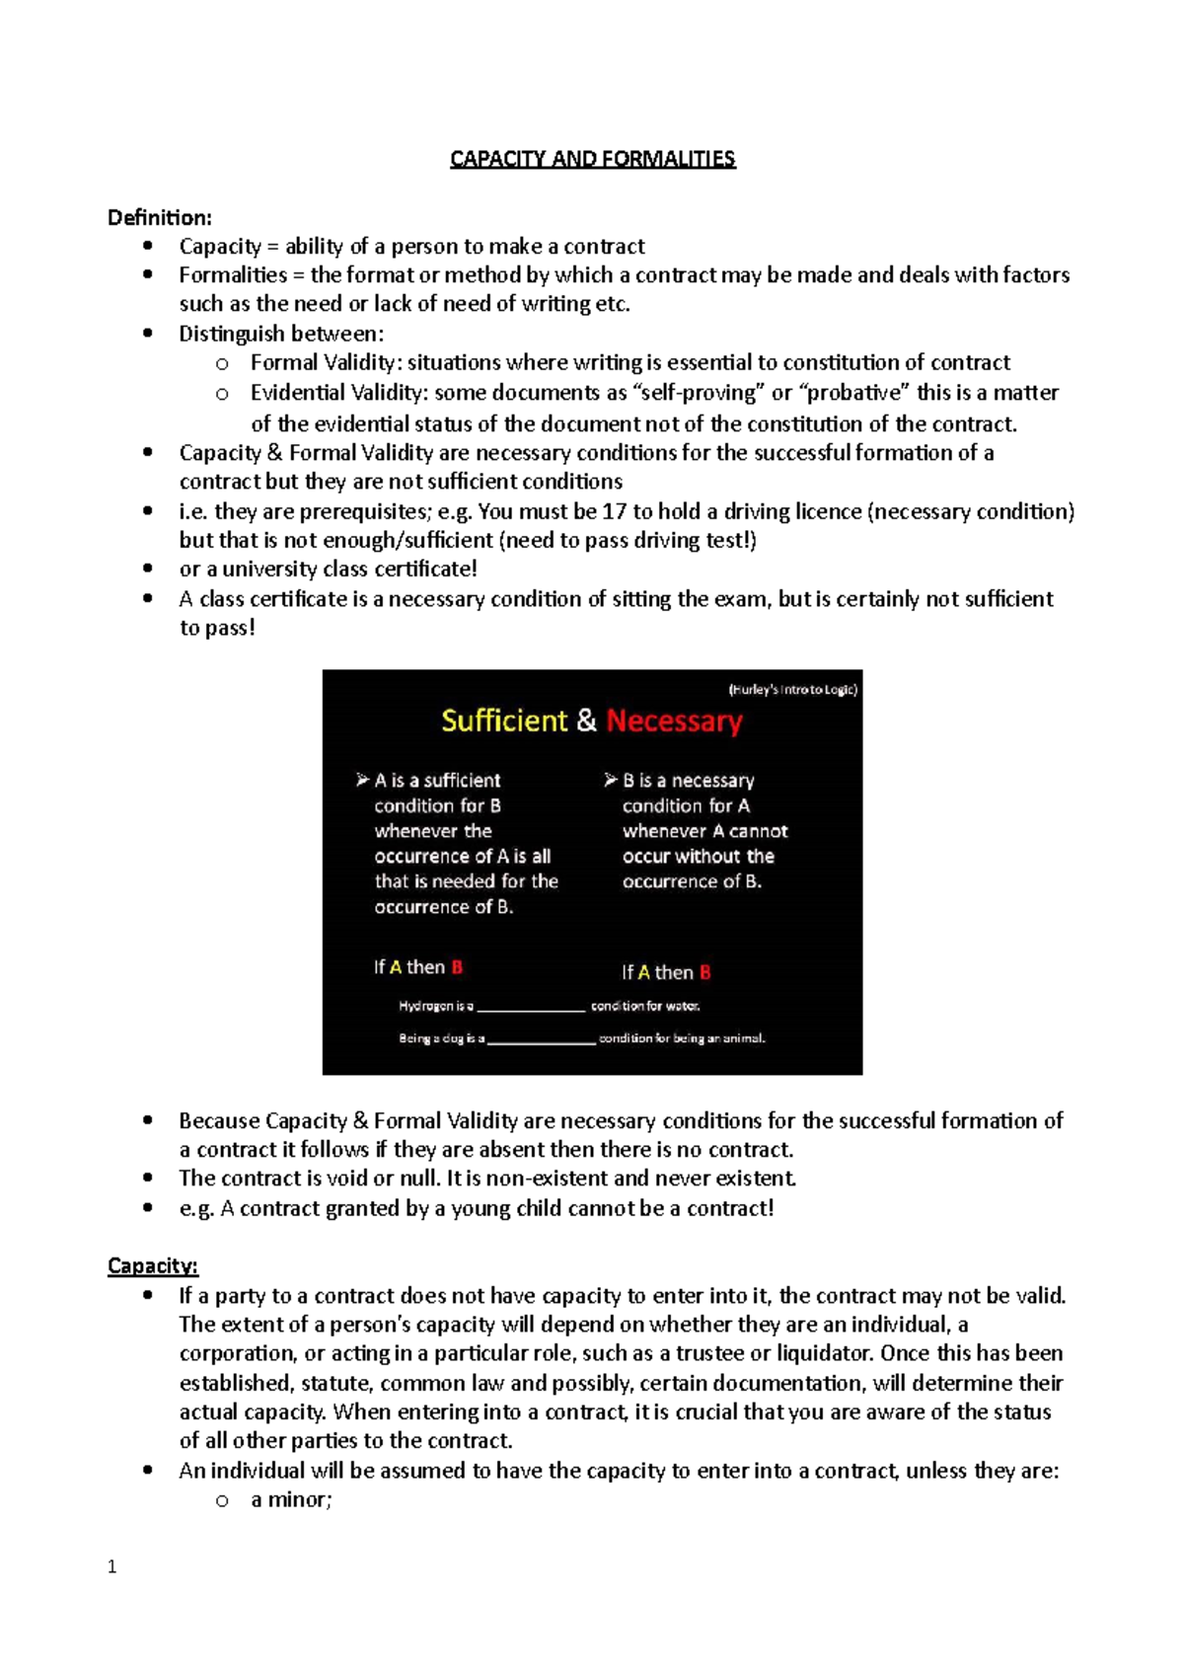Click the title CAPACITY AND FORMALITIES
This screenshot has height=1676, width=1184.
(592, 159)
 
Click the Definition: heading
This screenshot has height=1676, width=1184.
(159, 217)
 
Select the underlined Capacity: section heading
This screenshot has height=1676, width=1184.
(153, 1265)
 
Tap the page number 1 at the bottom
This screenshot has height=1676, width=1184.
(111, 1566)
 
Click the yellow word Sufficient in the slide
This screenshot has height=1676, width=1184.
(504, 721)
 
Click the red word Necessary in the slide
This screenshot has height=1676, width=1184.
(674, 721)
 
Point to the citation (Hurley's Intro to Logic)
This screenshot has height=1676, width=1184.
(792, 689)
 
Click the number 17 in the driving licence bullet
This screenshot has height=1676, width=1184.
(614, 511)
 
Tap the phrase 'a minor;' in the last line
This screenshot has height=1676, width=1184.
(291, 1499)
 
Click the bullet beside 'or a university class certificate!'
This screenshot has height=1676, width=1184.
(148, 569)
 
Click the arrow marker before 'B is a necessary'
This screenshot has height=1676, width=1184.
(611, 780)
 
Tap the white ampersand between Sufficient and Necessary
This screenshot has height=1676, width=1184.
(587, 721)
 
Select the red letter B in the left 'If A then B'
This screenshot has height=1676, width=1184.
(457, 967)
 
